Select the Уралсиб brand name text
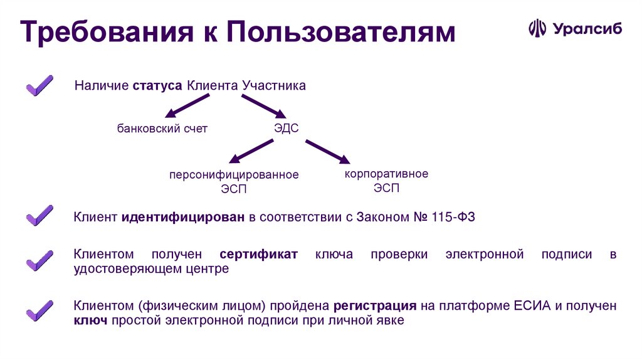[x=587, y=29]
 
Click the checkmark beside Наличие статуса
[x=39, y=85]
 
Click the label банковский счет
[x=162, y=129]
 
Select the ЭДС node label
[x=287, y=129]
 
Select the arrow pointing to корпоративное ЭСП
[x=327, y=152]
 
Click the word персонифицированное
[x=233, y=175]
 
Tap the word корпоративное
[x=386, y=174]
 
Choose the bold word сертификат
[x=259, y=254]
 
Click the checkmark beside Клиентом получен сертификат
[x=39, y=259]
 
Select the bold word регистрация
[x=375, y=306]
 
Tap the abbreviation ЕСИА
[x=531, y=306]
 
